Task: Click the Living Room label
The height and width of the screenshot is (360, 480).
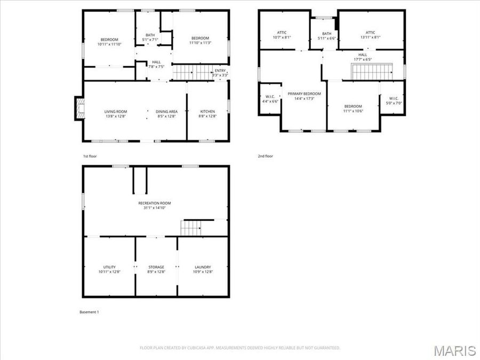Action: tap(116, 114)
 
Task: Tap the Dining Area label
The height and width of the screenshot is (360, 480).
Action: tap(166, 114)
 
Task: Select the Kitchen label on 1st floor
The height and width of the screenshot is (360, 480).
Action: tap(207, 114)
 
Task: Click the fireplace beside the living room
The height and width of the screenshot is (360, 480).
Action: tap(79, 109)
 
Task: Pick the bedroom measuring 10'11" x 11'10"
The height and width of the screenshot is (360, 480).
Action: tap(109, 42)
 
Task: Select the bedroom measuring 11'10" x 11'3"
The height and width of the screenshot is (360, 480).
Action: tap(200, 41)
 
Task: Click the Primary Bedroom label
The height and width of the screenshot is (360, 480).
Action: tap(305, 96)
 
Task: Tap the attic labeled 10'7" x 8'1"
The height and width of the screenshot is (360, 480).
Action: tap(282, 35)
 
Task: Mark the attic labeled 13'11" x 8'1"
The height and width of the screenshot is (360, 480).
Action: tap(371, 35)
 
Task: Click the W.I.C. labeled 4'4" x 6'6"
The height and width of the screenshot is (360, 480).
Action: tap(270, 99)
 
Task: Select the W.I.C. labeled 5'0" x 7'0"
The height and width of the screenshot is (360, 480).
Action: tap(394, 100)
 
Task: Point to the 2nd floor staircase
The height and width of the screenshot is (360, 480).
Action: tap(371, 71)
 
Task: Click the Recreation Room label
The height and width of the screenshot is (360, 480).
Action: tap(155, 205)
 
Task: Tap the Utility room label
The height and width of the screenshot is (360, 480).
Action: tap(109, 269)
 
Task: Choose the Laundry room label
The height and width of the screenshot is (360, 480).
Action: tap(203, 269)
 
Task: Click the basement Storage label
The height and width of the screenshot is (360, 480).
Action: tap(156, 269)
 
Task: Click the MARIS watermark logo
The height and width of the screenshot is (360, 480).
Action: tap(454, 350)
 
